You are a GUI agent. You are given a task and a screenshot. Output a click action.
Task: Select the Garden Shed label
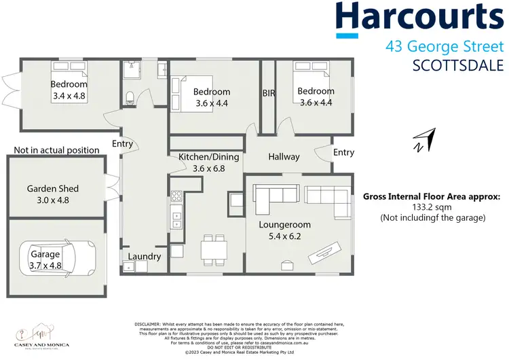53,189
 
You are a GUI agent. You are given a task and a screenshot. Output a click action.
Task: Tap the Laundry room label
145,257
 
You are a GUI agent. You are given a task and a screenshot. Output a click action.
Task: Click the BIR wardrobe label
269,93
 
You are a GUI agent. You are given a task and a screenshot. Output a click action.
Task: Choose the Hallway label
284,157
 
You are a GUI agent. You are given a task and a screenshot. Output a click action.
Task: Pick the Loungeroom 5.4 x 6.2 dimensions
285,237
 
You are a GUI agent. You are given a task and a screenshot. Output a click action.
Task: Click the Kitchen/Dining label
209,157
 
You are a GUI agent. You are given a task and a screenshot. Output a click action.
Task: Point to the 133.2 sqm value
432,208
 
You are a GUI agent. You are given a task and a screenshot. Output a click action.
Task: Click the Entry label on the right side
343,153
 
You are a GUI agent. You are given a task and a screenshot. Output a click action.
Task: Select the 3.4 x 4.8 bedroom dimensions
69,96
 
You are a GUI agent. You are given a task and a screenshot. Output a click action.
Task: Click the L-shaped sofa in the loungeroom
275,196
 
